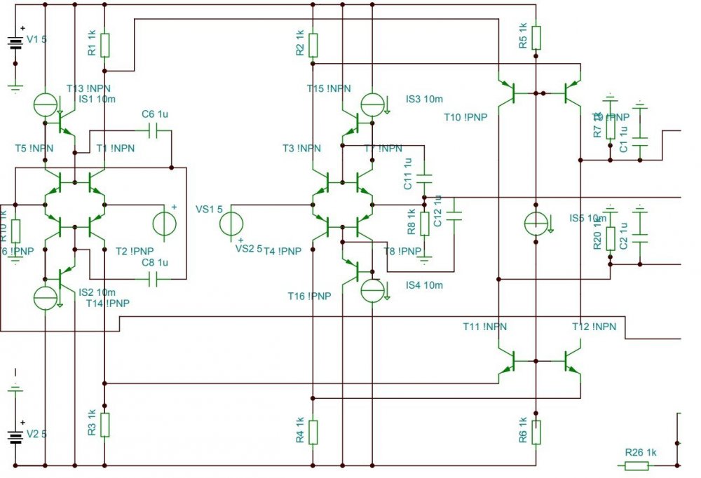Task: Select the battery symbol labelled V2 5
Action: pyautogui.click(x=15, y=437)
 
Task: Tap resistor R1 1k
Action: pyautogui.click(x=104, y=45)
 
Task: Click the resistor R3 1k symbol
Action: pyautogui.click(x=104, y=424)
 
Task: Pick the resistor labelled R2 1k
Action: pyautogui.click(x=313, y=45)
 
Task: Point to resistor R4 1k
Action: pyautogui.click(x=313, y=432)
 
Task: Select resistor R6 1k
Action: pyautogui.click(x=536, y=432)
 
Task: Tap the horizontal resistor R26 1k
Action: pyautogui.click(x=641, y=465)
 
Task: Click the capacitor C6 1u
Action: pyautogui.click(x=156, y=130)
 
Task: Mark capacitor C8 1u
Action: pyautogui.click(x=156, y=279)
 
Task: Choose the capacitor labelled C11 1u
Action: pyautogui.click(x=425, y=178)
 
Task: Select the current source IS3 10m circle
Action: pyautogui.click(x=372, y=104)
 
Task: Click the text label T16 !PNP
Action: pyautogui.click(x=308, y=296)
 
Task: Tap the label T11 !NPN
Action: pyautogui.click(x=484, y=327)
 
